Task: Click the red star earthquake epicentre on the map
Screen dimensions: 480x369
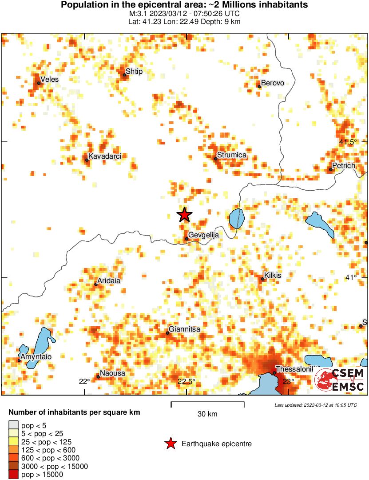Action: [184, 215]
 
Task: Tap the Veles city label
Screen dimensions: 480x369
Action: [49, 80]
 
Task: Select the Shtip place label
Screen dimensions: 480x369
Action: [134, 71]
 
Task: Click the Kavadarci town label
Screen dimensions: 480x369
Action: [105, 156]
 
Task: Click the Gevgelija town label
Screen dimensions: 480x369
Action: [204, 235]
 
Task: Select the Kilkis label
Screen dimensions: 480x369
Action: [273, 276]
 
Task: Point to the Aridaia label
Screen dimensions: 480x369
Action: [109, 281]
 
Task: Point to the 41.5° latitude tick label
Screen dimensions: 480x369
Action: [348, 142]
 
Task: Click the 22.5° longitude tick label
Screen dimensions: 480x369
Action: [186, 381]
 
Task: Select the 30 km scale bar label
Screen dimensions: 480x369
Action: [207, 414]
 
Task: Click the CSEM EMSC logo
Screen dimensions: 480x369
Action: [340, 380]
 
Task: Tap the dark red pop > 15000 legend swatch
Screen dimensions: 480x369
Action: [14, 475]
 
